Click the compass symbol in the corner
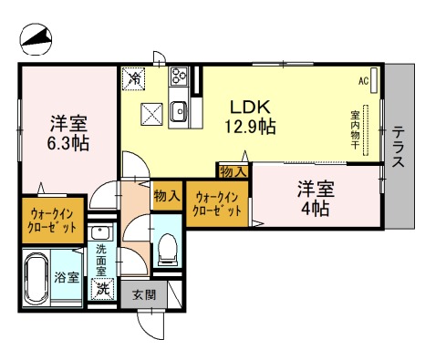pyautogui.click(x=36, y=39)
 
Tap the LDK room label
pyautogui.click(x=250, y=107)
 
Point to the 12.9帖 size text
pyautogui.click(x=250, y=127)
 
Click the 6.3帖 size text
pyautogui.click(x=68, y=143)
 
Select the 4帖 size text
pyautogui.click(x=315, y=209)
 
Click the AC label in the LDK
pyautogui.click(x=363, y=81)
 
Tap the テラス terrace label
pyautogui.click(x=398, y=147)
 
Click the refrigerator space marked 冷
pyautogui.click(x=133, y=78)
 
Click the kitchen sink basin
pyautogui.click(x=179, y=111)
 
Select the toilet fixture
pyautogui.click(x=168, y=249)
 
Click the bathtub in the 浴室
pyautogui.click(x=36, y=279)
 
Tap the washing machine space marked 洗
pyautogui.click(x=102, y=289)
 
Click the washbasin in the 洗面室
pyautogui.click(x=100, y=233)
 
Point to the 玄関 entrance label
pyautogui.click(x=144, y=294)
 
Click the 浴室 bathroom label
pyautogui.click(x=67, y=277)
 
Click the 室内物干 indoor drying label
pyautogui.click(x=355, y=130)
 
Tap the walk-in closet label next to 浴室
pyautogui.click(x=52, y=221)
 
